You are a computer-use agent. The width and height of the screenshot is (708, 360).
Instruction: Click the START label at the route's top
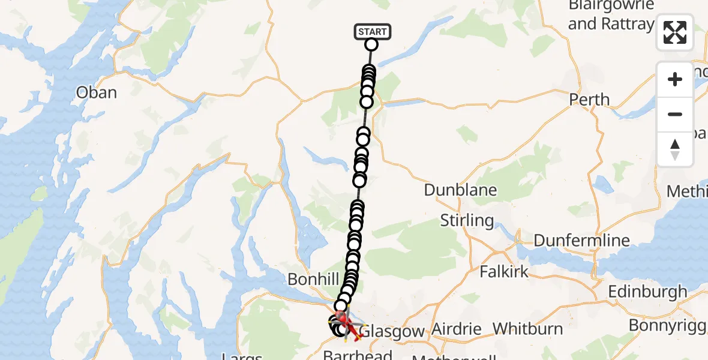coord(373,31)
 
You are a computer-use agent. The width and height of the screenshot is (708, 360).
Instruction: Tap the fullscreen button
coord(675,32)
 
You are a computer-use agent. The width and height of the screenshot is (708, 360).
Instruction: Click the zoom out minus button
coord(675,114)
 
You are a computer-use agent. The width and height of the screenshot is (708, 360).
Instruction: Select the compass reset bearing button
coord(675,149)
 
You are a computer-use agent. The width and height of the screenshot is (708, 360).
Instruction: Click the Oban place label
coord(96,92)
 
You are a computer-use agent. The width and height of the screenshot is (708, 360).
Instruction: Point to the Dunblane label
coord(460,190)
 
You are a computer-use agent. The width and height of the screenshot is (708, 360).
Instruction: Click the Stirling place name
coord(467,220)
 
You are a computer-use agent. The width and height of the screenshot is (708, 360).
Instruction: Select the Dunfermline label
coord(581,241)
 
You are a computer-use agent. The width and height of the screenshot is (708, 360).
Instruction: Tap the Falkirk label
coord(504,271)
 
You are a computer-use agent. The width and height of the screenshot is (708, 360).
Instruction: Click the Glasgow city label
coord(394,331)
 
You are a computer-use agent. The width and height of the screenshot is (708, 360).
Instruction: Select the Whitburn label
coord(527,329)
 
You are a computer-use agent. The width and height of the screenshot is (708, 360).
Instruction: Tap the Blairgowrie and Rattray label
coord(611,16)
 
